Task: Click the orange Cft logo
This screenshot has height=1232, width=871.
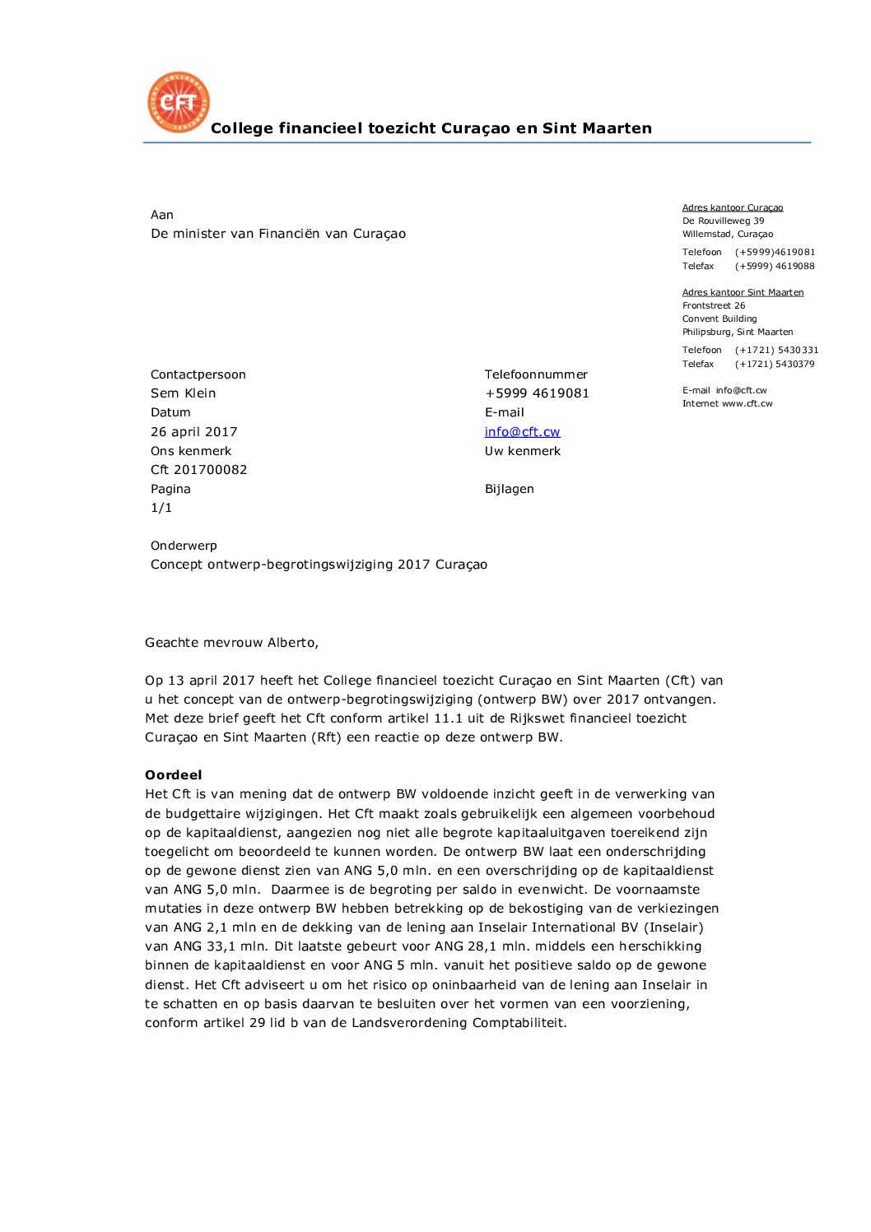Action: (x=179, y=102)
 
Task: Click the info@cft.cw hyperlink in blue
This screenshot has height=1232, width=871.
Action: (x=522, y=432)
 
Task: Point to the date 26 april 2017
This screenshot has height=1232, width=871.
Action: (x=193, y=432)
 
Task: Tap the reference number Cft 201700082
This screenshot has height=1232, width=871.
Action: (x=198, y=470)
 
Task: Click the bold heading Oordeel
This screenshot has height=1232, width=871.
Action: (x=173, y=775)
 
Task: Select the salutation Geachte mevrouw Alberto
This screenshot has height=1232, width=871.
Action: (x=231, y=643)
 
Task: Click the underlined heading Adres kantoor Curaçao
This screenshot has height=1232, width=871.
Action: (x=732, y=208)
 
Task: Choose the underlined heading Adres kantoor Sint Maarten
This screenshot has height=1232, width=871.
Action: (x=743, y=292)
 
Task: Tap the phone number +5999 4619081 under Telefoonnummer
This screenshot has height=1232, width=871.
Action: (x=537, y=393)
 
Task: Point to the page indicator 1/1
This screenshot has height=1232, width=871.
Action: (x=161, y=508)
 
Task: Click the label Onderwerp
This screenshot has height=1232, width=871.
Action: (x=184, y=546)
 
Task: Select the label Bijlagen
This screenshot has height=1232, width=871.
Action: (x=509, y=489)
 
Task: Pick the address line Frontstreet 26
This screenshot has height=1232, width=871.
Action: (x=714, y=305)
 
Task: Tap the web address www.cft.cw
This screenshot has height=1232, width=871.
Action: (x=747, y=404)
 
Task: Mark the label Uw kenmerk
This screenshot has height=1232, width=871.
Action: (x=522, y=451)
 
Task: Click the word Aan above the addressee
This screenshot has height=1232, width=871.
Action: (x=162, y=215)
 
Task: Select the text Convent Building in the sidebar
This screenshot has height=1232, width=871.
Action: (x=719, y=318)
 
